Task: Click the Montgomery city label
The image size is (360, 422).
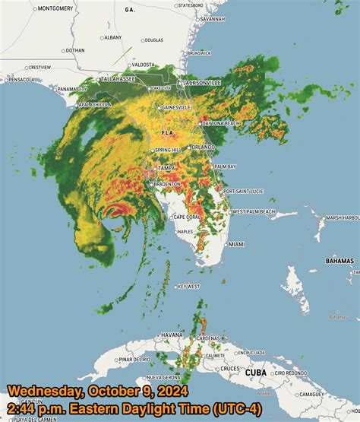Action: (x=55, y=8)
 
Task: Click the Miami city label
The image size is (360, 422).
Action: (x=237, y=244)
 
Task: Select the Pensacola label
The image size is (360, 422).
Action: (x=22, y=79)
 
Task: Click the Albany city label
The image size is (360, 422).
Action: (x=112, y=36)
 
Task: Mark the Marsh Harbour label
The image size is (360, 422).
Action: (x=343, y=218)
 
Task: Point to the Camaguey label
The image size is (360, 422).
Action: (x=333, y=394)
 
